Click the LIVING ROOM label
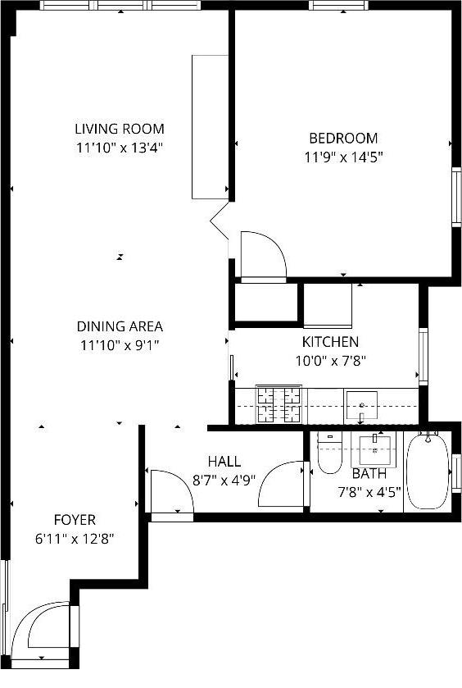click(120, 129)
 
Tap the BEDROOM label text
click(343, 138)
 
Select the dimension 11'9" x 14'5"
click(343, 157)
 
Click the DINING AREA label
click(120, 326)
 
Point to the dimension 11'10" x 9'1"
click(120, 345)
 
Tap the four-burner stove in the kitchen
click(279, 404)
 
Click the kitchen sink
click(361, 405)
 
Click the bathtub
click(426, 472)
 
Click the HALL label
click(224, 462)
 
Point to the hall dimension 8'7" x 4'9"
click(224, 481)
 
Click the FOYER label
click(75, 520)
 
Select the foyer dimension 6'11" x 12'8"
click(75, 539)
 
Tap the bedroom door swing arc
click(262, 257)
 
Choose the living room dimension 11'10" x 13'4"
click(120, 148)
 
